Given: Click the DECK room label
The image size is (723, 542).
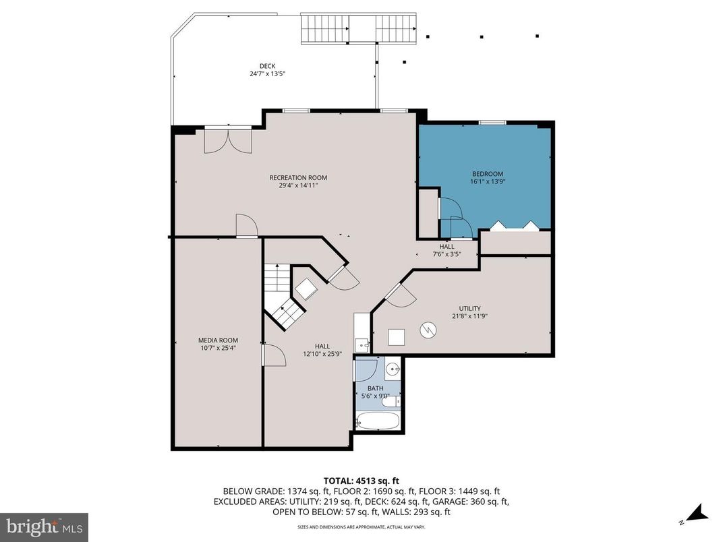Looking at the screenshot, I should [267, 65].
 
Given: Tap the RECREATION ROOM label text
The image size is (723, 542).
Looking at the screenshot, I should [298, 178].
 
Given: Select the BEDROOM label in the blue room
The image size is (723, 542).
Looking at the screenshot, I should [487, 174].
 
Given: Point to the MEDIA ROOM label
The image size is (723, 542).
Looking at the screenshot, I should [218, 340].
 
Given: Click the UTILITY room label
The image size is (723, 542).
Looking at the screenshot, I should [470, 308].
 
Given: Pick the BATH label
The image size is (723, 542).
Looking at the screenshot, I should [375, 388].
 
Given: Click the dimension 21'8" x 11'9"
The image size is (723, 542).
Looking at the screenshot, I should [470, 315].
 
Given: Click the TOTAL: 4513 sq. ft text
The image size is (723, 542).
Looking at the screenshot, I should [361, 481].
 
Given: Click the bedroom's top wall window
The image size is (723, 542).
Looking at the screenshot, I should [492, 123].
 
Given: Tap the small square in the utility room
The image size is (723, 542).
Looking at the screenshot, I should [397, 336].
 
